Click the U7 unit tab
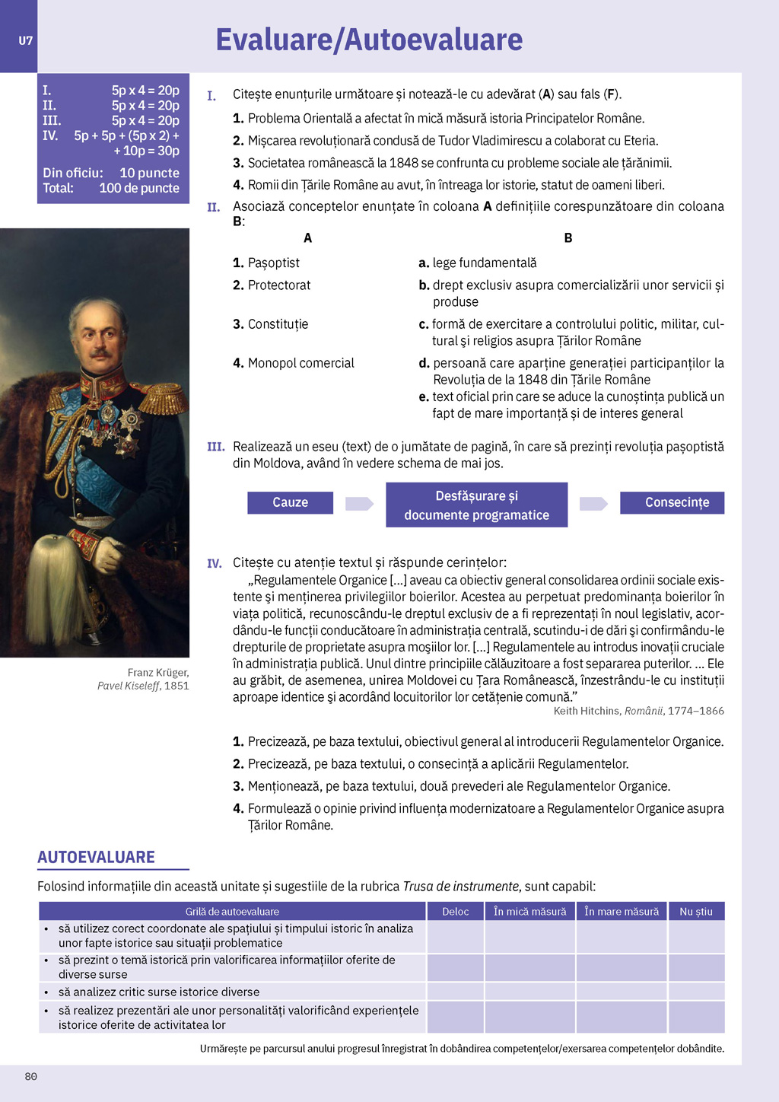25,40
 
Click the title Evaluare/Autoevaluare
369,40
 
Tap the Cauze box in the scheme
290,502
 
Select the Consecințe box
672,502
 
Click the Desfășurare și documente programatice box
476,505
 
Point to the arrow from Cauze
359,503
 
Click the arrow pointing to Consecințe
593,503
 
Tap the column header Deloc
455,911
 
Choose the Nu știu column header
695,911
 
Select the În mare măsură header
622,911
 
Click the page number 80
31,1076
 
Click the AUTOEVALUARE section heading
96,857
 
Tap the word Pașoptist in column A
273,263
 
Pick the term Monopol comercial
300,363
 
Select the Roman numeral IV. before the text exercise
215,563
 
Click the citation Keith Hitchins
586,711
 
